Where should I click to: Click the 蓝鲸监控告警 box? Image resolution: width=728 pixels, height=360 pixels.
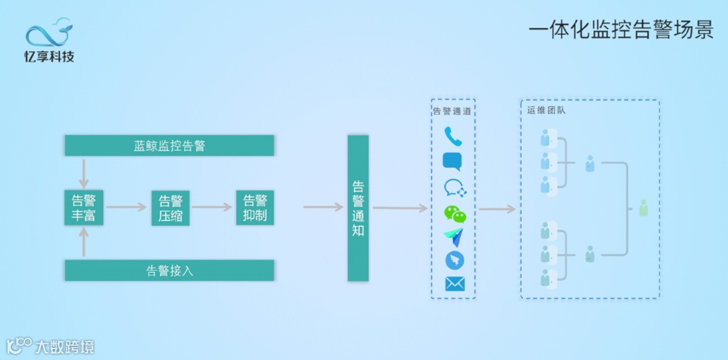(x=169, y=145)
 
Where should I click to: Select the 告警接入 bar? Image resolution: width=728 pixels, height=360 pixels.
(x=169, y=270)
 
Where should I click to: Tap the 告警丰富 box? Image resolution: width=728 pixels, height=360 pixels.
(x=84, y=208)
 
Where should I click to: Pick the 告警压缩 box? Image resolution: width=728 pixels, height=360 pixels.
(x=171, y=208)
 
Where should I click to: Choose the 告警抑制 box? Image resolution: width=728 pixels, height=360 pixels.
(x=255, y=208)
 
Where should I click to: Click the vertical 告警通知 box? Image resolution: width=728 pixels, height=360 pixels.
(x=358, y=208)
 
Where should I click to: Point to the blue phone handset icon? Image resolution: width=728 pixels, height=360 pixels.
(x=453, y=137)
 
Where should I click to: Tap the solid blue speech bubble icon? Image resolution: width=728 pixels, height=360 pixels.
(x=452, y=162)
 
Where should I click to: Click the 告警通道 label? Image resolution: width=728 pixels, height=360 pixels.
(x=452, y=111)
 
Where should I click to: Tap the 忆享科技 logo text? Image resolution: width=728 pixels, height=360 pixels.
(x=49, y=57)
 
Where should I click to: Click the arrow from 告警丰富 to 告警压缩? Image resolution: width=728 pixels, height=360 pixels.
(x=126, y=207)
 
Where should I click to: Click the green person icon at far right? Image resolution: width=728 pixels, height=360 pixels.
(x=643, y=208)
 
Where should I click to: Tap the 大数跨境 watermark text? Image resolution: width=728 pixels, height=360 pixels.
(x=65, y=347)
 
